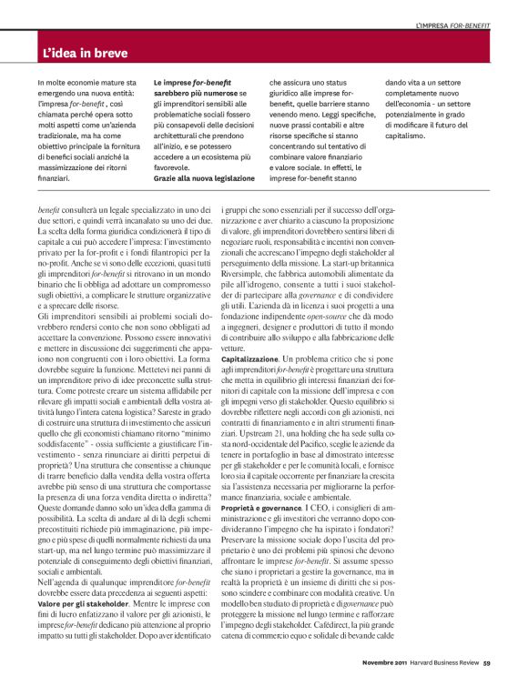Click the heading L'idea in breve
(x=90, y=54)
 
